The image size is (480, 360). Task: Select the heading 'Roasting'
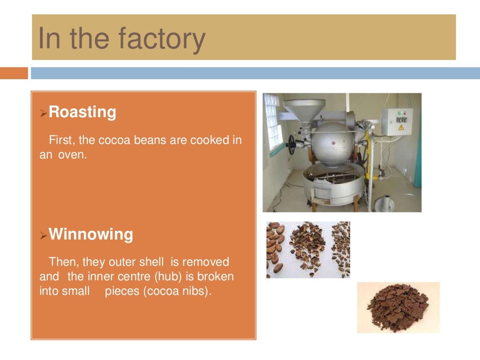coord(82,112)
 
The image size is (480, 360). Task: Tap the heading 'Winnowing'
coord(91,234)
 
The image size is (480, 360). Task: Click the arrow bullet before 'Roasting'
coord(43,113)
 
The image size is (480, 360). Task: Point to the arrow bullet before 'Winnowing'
coord(43,235)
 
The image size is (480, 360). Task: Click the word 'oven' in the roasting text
coord(72,155)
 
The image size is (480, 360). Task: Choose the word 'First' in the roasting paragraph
coord(60,140)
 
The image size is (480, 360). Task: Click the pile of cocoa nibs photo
coord(398,307)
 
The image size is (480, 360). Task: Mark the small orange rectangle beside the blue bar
coord(14,73)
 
